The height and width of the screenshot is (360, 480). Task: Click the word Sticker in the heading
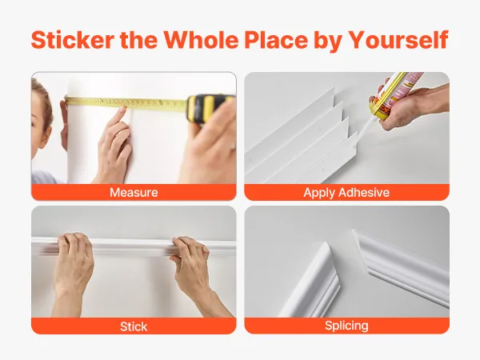coord(73,40)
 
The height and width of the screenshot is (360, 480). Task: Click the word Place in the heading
coord(276,40)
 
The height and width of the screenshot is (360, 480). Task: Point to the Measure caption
coord(134,193)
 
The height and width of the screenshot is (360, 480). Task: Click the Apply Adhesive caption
coord(346,193)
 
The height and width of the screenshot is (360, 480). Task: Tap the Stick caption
coord(134,326)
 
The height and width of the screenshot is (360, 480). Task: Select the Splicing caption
coord(346,326)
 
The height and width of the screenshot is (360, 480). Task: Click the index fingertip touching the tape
coord(122,110)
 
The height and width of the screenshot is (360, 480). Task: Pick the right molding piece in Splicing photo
coord(401,266)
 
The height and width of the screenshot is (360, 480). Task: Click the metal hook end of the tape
coord(66,101)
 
